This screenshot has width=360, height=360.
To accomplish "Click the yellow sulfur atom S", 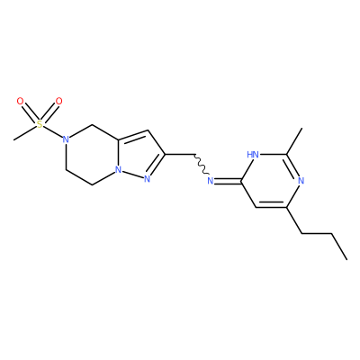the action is pyautogui.click(x=40, y=124).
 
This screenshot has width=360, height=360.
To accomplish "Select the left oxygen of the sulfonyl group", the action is pyautogui.click(x=20, y=102).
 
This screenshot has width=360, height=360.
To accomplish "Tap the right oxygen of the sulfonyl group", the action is pyautogui.click(x=59, y=102).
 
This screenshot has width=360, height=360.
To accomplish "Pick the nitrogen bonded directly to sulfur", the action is pyautogui.click(x=66, y=139).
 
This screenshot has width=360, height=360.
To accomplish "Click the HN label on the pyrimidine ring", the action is pyautogui.click(x=253, y=155).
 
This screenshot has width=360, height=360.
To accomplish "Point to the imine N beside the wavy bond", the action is pyautogui.click(x=211, y=181).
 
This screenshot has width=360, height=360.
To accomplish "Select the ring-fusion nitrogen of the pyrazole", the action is pyautogui.click(x=119, y=170).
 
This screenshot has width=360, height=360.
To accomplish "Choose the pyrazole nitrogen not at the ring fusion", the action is pyautogui.click(x=147, y=179).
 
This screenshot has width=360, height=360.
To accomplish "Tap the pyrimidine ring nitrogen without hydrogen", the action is pyautogui.click(x=301, y=181).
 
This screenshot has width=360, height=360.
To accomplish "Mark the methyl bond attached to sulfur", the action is pyautogui.click(x=25, y=132).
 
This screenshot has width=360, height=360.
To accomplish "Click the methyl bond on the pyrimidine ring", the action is pyautogui.click(x=294, y=141).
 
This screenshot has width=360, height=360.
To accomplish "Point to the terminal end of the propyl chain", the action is pyautogui.click(x=347, y=259).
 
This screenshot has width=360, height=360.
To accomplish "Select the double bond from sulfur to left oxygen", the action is pyautogui.click(x=30, y=113).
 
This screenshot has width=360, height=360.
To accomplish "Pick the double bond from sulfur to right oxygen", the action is pyautogui.click(x=49, y=113).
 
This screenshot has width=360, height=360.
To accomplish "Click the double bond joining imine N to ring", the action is pyautogui.click(x=228, y=181).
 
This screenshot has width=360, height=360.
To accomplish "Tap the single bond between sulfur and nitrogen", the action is pyautogui.click(x=53, y=132).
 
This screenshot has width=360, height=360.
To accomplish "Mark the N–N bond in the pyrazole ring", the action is pyautogui.click(x=132, y=175).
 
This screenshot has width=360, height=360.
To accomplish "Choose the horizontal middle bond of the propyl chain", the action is pyautogui.click(x=317, y=233).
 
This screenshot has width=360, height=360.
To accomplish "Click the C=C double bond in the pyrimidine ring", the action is pyautogui.click(x=272, y=205).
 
